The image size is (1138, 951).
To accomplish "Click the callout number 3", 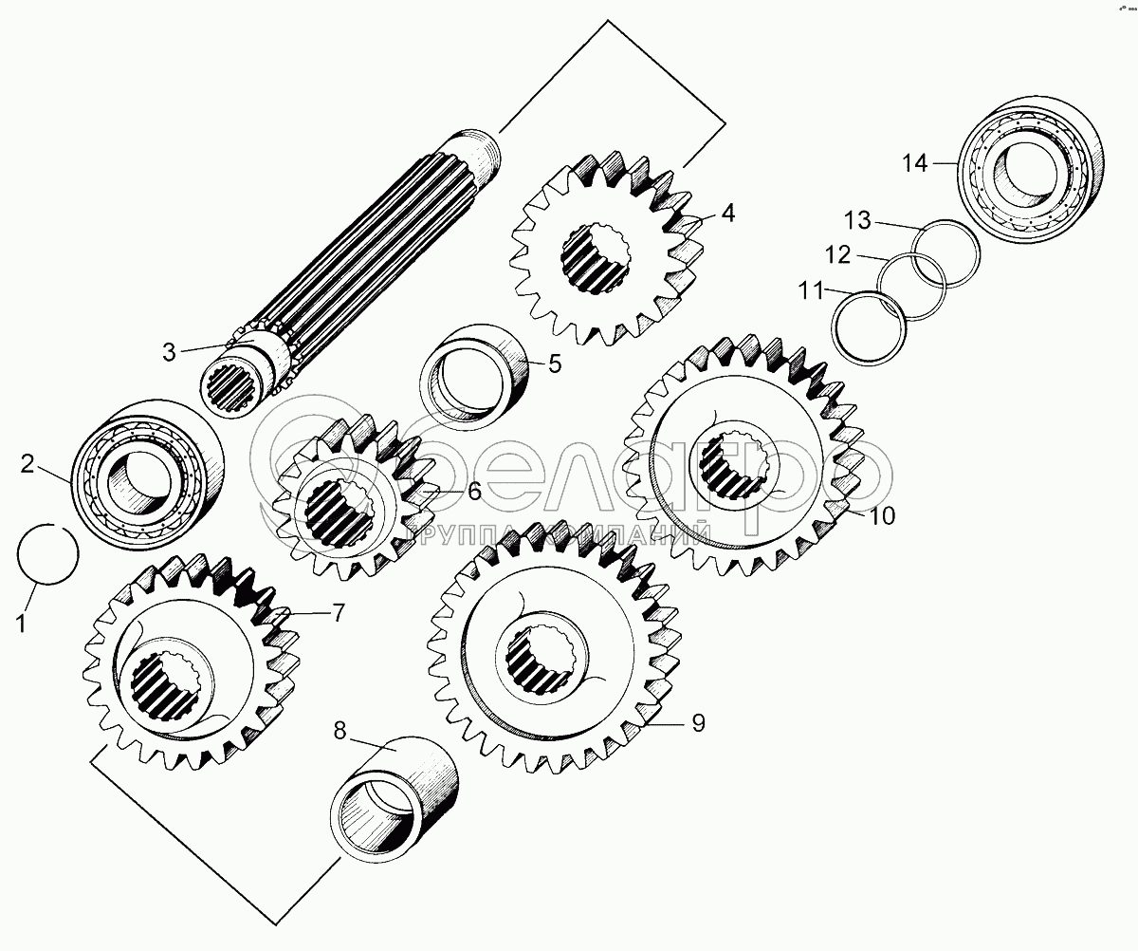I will click(169, 352).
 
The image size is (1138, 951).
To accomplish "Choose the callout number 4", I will click(727, 214).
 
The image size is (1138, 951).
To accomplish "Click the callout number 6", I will click(473, 492).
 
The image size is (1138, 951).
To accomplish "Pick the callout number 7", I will click(340, 613).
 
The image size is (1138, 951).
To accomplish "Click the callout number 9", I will click(698, 724).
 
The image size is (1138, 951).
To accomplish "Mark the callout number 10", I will click(882, 516).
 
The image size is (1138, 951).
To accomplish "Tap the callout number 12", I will click(837, 256).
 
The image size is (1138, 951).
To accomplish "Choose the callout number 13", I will click(856, 221).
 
